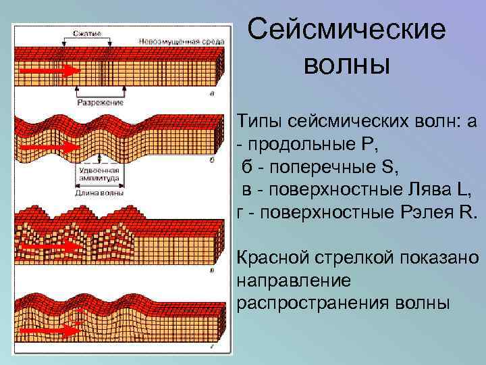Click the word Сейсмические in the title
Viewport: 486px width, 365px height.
pyautogui.click(x=346, y=30)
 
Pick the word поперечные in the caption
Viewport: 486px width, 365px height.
pyautogui.click(x=294, y=166)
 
